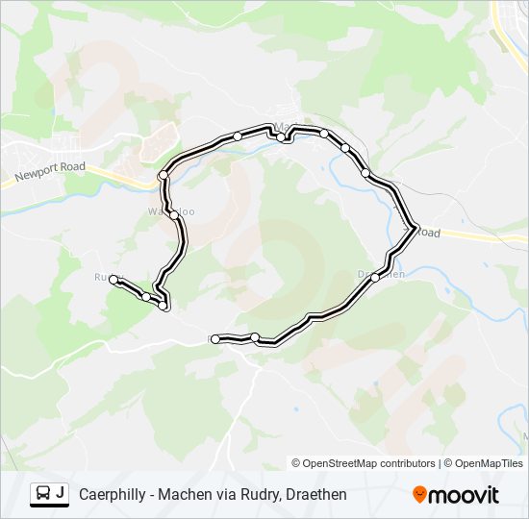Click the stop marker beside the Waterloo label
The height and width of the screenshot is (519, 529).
174,215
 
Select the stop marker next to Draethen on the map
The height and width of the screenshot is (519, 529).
375,277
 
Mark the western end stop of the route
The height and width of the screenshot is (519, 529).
113,279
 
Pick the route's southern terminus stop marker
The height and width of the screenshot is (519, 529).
214,338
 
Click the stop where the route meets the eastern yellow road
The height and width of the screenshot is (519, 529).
416,228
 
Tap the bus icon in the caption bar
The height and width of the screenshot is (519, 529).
42,494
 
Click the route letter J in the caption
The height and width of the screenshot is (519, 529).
61,493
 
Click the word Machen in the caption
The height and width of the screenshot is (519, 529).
190,494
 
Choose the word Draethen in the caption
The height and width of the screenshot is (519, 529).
315,494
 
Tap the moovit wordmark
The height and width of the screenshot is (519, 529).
465,495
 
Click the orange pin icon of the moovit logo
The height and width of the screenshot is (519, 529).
419,494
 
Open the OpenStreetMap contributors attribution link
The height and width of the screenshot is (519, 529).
364,463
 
